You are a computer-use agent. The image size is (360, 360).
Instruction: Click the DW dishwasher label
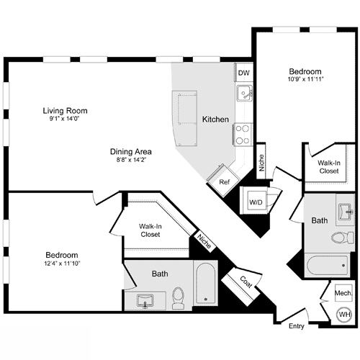[x=243, y=73]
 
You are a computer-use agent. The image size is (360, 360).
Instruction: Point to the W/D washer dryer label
[x=256, y=202]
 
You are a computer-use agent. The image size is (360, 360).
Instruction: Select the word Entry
[x=297, y=326]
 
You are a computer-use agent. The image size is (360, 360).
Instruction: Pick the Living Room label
[x=65, y=111]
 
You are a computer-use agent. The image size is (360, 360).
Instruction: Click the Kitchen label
[x=215, y=119]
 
